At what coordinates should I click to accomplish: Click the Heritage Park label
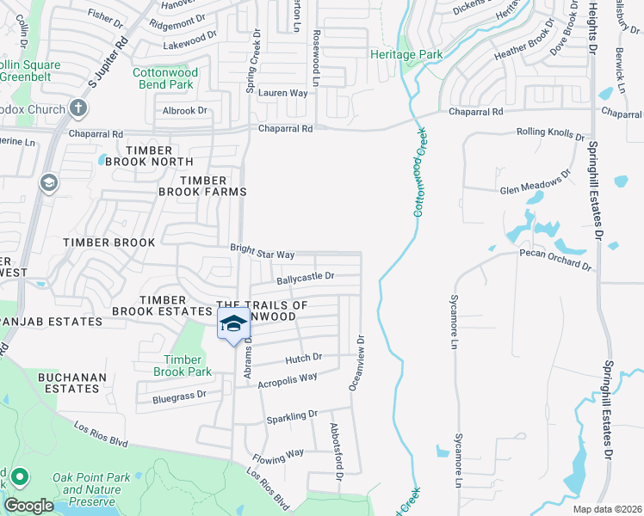tap(406, 54)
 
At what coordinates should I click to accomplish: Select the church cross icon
tap(78, 108)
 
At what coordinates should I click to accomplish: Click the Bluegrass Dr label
tap(179, 395)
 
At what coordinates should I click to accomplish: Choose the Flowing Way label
tap(277, 453)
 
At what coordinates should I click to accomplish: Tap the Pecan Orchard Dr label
tap(555, 260)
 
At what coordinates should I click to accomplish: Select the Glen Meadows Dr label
tap(536, 182)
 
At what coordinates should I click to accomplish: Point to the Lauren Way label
tap(282, 93)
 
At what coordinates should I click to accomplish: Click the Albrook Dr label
tap(185, 111)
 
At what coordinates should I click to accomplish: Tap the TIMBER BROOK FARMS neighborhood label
tap(212, 186)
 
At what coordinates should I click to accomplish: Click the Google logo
tap(28, 506)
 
